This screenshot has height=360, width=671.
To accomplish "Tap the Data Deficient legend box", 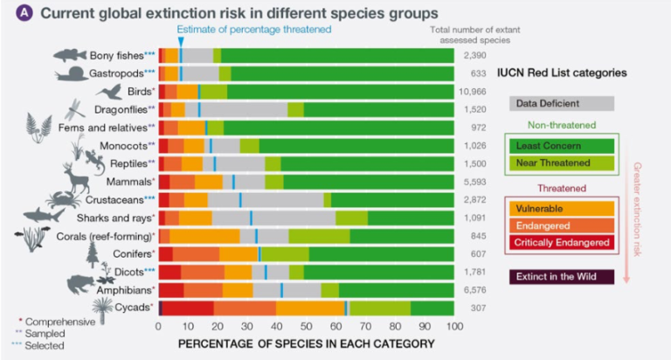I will (x=563, y=104).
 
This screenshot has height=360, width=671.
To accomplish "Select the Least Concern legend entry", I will (x=563, y=145).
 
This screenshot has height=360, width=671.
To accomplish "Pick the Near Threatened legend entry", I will (x=563, y=163).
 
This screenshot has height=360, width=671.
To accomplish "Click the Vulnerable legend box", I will (x=563, y=209).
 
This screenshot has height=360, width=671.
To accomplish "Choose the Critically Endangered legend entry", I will (x=563, y=242).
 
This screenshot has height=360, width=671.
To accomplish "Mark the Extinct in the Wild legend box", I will (x=563, y=277).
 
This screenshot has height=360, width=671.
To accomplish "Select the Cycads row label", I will (x=131, y=308).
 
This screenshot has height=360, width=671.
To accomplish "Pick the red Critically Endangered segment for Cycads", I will (x=187, y=308).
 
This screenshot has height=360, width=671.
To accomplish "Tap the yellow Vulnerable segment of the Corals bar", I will (x=204, y=236).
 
